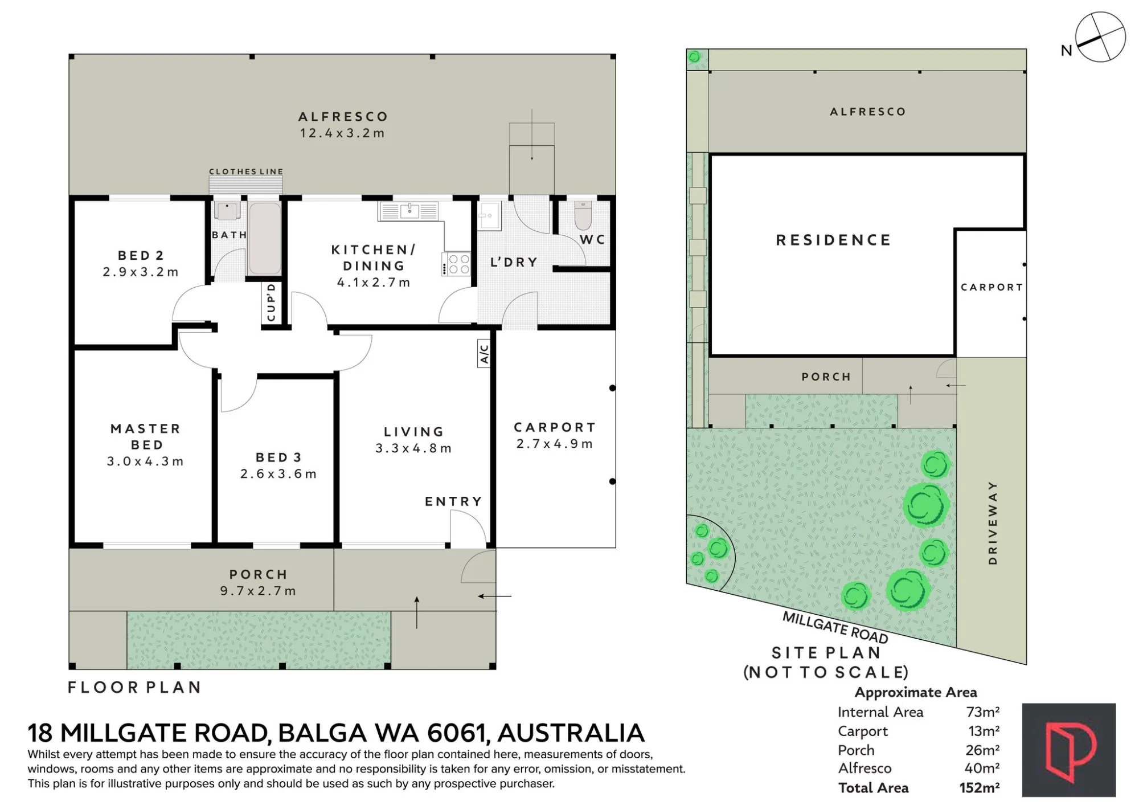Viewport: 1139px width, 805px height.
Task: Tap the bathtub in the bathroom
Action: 265,238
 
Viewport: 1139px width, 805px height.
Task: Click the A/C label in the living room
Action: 484,353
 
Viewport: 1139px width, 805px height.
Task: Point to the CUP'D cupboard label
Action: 271,302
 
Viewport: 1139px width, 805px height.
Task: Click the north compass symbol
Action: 1100,37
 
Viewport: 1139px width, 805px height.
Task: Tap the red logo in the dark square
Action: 1069,750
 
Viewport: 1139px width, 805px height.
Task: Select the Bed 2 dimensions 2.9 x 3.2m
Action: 141,272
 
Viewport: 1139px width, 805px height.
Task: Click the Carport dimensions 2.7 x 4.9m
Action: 555,444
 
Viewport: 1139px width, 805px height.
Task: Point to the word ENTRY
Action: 453,501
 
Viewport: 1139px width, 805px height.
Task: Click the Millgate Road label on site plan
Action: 835,627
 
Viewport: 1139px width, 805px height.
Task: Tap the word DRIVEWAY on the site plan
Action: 993,523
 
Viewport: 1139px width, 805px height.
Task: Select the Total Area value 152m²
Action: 980,788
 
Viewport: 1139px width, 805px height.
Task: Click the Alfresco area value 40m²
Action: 982,768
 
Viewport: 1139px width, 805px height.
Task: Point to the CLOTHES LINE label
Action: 246,171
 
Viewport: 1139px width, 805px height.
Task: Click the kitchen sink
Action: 409,211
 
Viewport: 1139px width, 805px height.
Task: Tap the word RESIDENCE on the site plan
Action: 834,240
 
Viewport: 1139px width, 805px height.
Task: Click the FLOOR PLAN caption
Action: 134,688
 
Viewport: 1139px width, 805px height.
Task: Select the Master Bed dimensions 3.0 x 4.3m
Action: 145,461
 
